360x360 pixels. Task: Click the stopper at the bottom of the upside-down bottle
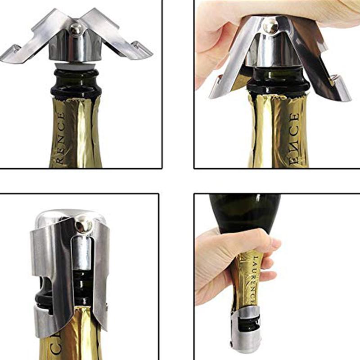(x=246, y=333)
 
